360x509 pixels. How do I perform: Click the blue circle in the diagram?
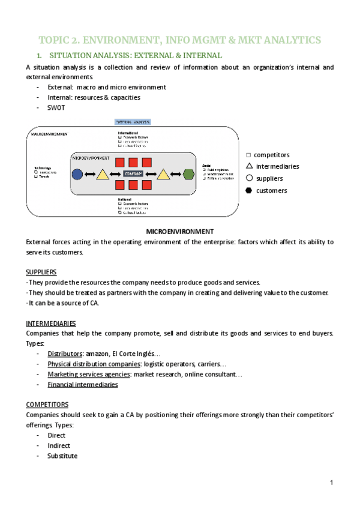pos(77,174)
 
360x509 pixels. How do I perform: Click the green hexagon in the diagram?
pos(188,174)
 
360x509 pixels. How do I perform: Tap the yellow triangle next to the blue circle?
pos(102,174)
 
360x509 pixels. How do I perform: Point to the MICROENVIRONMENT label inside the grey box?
pos(91,157)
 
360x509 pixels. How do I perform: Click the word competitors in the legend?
pos(271,155)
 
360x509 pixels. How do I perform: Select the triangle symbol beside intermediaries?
pos(249,166)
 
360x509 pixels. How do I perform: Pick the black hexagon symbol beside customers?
pos(249,190)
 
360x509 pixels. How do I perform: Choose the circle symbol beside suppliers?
pos(249,178)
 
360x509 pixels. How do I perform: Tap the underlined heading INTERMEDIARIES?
pos(51,322)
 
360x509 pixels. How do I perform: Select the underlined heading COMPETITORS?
pos(47,405)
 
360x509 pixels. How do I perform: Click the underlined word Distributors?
pos(65,354)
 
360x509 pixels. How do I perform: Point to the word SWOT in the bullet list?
pos(56,108)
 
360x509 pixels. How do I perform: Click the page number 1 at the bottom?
pos(331,483)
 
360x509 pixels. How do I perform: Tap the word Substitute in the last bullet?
pos(62,456)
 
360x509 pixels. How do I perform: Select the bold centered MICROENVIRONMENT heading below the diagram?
pos(180,231)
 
